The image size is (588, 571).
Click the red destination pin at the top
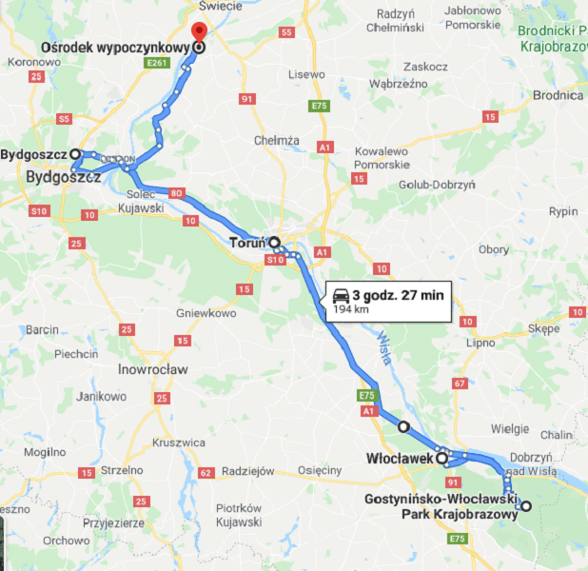pyautogui.click(x=199, y=31)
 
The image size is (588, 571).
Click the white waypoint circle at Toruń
pyautogui.click(x=274, y=242)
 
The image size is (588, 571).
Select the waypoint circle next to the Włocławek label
pyautogui.click(x=441, y=458)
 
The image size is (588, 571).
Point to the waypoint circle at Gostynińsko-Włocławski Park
pyautogui.click(x=525, y=505)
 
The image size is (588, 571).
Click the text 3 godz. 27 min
pyautogui.click(x=398, y=295)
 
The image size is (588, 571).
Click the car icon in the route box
pyautogui.click(x=340, y=296)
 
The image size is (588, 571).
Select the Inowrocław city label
pyautogui.click(x=153, y=368)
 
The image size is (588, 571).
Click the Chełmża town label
pyautogui.click(x=277, y=141)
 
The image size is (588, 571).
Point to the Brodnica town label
pyautogui.click(x=558, y=95)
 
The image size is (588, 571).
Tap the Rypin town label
pyautogui.click(x=563, y=211)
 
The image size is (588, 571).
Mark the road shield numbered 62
pyautogui.click(x=205, y=472)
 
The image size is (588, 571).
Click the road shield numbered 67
pyautogui.click(x=460, y=383)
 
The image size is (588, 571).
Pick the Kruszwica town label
pyautogui.click(x=179, y=443)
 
